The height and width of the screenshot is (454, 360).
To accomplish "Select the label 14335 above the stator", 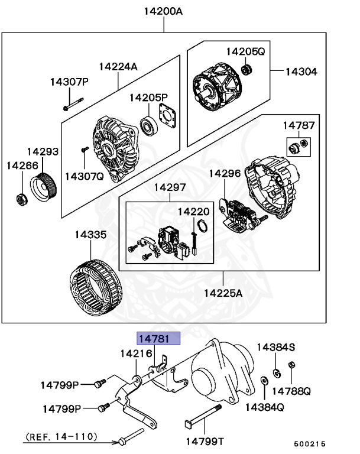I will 90,235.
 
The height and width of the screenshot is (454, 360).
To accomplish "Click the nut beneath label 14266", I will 20,199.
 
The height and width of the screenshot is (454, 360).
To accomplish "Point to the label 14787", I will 299,125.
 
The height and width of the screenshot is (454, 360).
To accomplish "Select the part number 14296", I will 224,173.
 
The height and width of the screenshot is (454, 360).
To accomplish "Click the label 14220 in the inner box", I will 193,211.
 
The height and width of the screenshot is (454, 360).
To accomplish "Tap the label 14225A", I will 223,293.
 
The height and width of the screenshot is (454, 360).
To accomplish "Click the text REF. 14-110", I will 61,437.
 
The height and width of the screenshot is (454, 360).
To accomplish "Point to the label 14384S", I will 275,346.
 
